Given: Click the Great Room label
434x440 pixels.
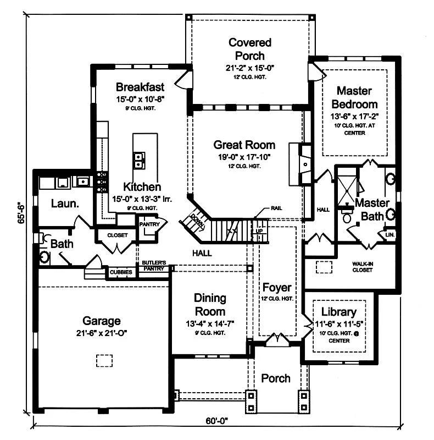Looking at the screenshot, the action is (x=244, y=145).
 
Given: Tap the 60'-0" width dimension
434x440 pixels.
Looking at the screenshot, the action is (x=216, y=421).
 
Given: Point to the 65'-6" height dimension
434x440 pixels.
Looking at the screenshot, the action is (x=21, y=213).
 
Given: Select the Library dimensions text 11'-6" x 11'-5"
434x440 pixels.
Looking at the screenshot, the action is (x=339, y=324).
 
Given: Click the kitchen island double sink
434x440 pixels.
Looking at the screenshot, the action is (x=139, y=161).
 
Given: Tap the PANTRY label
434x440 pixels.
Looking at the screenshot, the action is (x=149, y=224).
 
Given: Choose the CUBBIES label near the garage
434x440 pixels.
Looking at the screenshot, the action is (x=121, y=272).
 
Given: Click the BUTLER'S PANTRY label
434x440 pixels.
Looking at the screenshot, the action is (x=154, y=266).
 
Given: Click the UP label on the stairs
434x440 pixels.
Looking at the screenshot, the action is (x=259, y=231).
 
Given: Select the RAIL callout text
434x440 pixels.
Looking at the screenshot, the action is (x=276, y=208).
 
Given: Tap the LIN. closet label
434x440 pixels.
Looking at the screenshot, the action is (x=390, y=235).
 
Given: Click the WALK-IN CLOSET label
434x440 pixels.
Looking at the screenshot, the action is (x=363, y=267).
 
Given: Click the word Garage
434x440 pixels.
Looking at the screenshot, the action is (x=102, y=321).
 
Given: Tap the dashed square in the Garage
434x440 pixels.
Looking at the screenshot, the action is (x=104, y=361).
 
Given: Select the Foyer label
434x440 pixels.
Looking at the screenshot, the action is (x=277, y=288).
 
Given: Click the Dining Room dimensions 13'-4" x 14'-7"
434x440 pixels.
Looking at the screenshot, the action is (x=210, y=324).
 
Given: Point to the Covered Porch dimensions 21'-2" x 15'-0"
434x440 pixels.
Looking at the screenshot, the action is (x=250, y=68).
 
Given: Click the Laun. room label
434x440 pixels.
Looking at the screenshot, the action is (x=65, y=204).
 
